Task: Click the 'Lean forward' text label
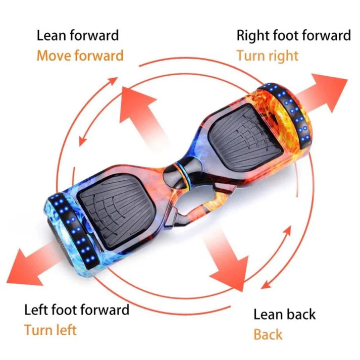[x=77, y=35]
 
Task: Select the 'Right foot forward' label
[x=293, y=35]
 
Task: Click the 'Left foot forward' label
[x=77, y=309]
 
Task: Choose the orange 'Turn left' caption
[x=50, y=330]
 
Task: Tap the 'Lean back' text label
[x=284, y=314]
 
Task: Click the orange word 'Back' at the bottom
[x=268, y=334]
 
